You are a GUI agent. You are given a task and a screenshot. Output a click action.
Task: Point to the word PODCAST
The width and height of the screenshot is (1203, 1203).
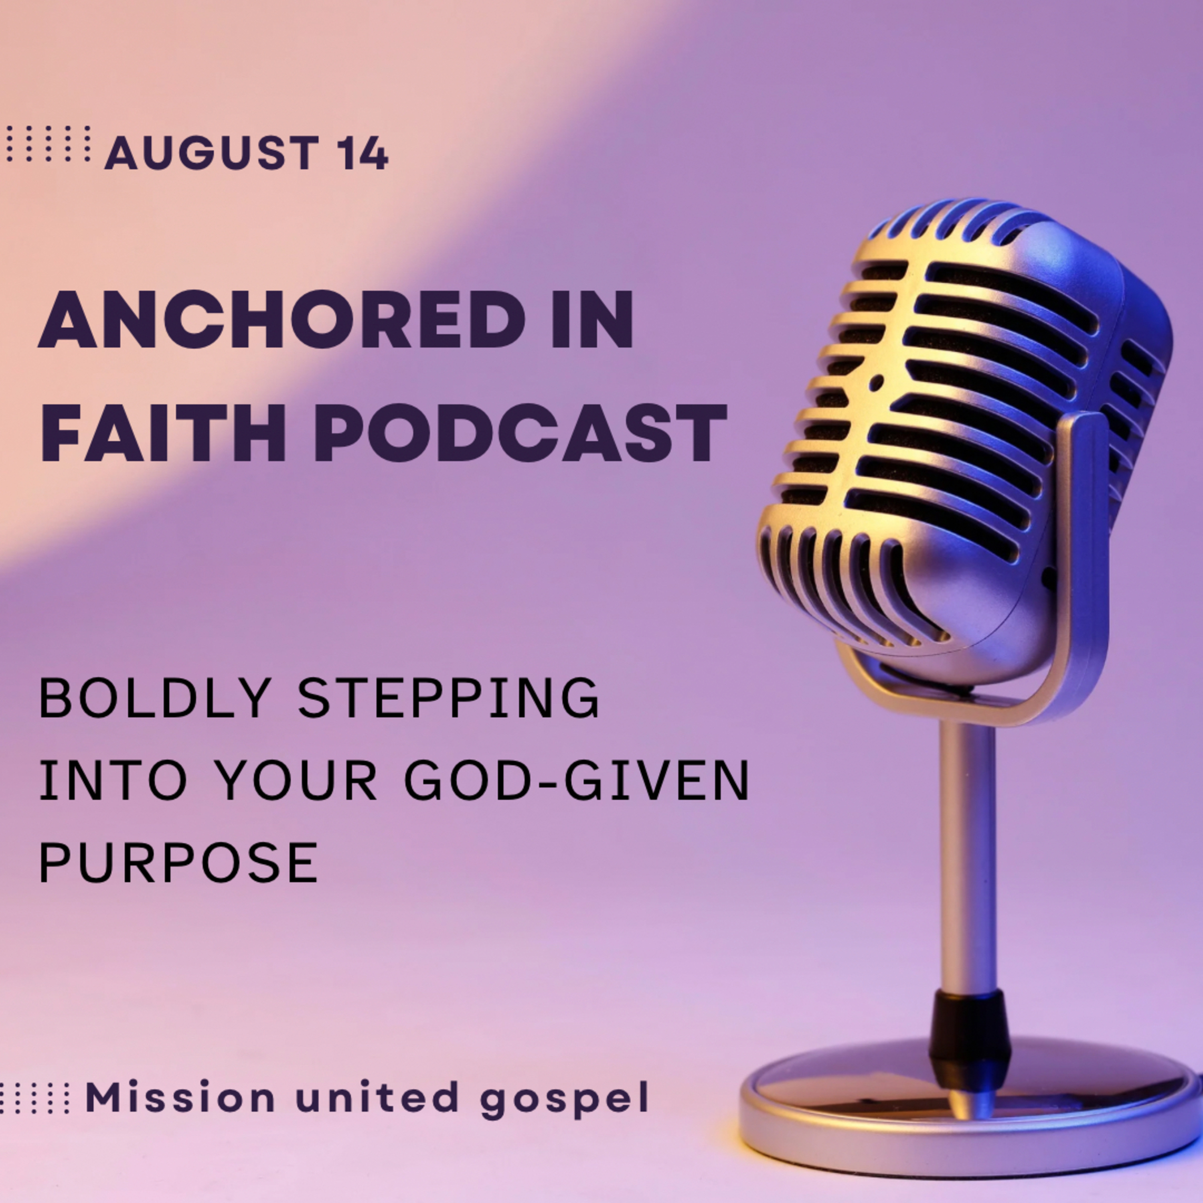tap(520, 433)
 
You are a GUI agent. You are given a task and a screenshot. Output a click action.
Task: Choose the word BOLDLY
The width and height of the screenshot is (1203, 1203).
tap(155, 698)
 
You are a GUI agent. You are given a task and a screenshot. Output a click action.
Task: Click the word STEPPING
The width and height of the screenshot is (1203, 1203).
tap(448, 698)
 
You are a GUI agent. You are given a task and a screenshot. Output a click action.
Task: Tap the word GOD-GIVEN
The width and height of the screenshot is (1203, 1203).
tap(576, 780)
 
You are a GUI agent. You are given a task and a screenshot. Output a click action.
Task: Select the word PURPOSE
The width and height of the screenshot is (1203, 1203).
tap(179, 863)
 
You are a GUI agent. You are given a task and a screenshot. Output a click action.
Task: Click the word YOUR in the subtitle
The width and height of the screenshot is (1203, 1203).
tap(298, 780)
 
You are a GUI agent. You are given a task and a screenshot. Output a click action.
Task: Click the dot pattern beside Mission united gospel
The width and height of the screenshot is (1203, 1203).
tap(34, 1097)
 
